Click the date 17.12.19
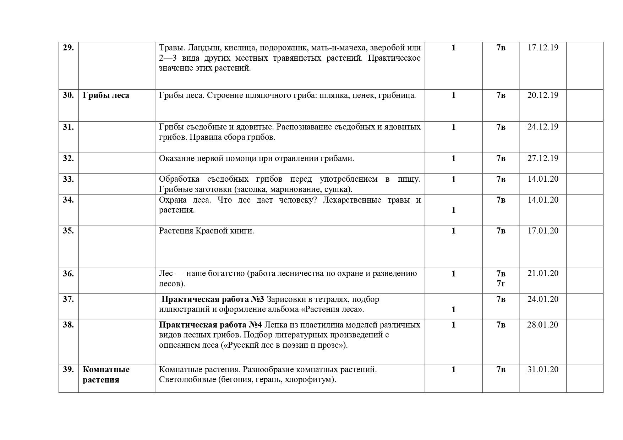tap(543, 48)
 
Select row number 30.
tap(68, 95)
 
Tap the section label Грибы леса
tap(106, 95)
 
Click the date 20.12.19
tap(543, 95)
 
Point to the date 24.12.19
tap(543, 127)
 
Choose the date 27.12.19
tap(543, 158)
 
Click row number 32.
tap(68, 158)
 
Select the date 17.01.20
tap(543, 231)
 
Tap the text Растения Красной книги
tap(206, 231)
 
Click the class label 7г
tap(501, 284)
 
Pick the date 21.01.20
tap(543, 273)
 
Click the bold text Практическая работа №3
tap(213, 299)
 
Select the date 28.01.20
tap(543, 325)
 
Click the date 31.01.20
tap(543, 369)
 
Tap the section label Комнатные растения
tap(106, 374)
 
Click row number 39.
tap(68, 369)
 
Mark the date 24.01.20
tap(543, 299)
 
